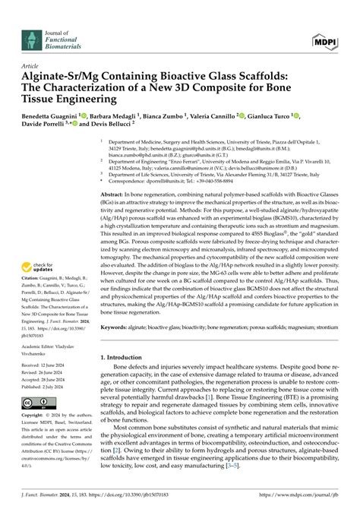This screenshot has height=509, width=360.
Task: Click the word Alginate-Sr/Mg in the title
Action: (x=60, y=76)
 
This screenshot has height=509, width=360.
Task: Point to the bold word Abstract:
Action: (x=114, y=195)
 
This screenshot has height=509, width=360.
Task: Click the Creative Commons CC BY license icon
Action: (x=33, y=403)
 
